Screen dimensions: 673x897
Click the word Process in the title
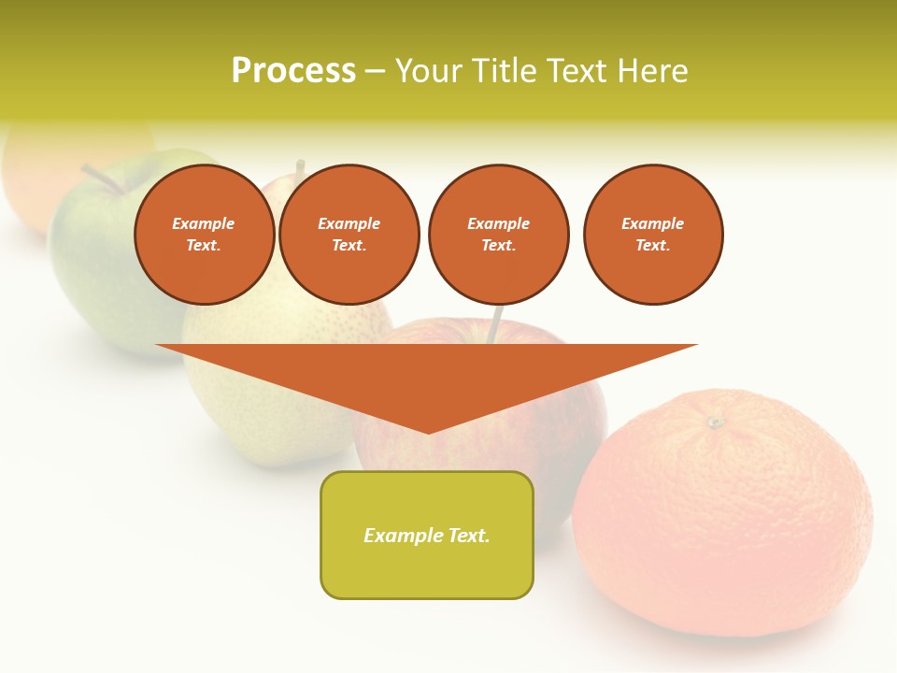(293, 71)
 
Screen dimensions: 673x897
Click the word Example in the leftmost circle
(204, 223)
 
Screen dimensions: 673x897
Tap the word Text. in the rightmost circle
(652, 246)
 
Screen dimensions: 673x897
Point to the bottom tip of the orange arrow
(428, 431)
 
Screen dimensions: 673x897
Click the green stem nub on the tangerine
(715, 422)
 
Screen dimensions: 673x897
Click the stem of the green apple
(101, 178)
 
